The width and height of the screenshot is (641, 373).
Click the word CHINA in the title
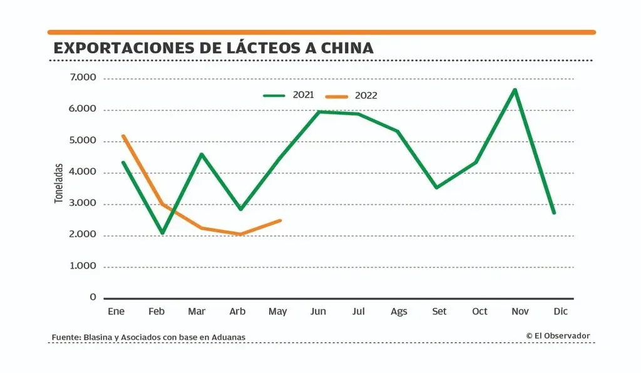point(343,47)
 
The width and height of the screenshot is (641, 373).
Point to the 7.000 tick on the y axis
point(83,77)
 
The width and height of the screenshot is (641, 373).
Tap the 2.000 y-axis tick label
point(83,234)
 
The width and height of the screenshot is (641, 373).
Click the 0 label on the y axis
point(93,297)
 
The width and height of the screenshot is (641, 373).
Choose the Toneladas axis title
point(59,183)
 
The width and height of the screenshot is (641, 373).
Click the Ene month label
point(116,311)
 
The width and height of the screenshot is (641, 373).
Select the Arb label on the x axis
point(237,311)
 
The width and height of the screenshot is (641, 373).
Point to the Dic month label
point(560,311)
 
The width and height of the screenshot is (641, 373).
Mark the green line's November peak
point(515,90)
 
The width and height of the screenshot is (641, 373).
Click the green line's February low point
point(163,233)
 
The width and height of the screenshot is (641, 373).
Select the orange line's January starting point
point(123,136)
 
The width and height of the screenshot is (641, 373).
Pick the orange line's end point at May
point(280,220)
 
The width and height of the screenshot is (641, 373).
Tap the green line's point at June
point(319,112)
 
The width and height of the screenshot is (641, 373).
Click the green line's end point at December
point(554,213)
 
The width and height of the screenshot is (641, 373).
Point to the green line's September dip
point(436,187)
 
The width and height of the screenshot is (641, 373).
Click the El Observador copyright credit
point(558,336)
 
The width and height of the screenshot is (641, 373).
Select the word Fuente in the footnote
point(65,337)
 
